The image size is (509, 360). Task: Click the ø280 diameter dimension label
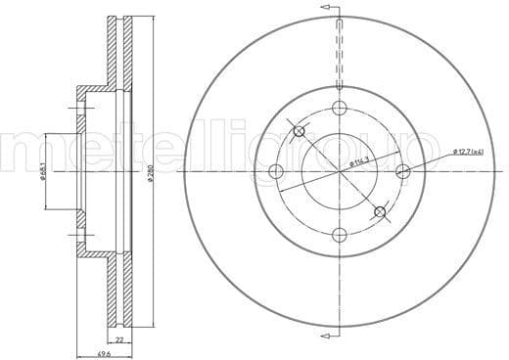tap(149, 170)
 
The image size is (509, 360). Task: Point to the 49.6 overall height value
tap(103, 352)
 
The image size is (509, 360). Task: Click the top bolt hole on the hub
tap(339, 108)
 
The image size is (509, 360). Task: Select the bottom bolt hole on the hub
tap(339, 234)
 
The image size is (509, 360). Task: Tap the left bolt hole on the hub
tap(276, 171)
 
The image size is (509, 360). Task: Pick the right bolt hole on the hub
tap(402, 171)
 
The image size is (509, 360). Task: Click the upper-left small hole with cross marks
tap(300, 132)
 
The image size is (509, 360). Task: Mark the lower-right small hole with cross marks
tap(379, 210)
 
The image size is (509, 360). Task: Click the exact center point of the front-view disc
tap(339, 171)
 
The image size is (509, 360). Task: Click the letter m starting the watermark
tap(29, 149)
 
